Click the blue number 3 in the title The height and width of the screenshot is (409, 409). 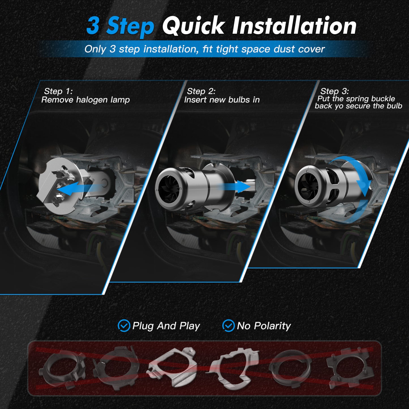coord(93,26)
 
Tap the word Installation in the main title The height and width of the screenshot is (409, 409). coord(294,26)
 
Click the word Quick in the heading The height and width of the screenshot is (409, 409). coord(193,26)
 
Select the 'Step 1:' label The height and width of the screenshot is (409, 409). coord(58,91)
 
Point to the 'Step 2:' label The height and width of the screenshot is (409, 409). coord(201,91)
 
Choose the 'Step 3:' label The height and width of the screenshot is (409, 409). coord(335,91)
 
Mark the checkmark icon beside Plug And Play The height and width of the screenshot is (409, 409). coord(124,326)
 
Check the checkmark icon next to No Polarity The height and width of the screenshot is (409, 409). coord(228,326)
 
